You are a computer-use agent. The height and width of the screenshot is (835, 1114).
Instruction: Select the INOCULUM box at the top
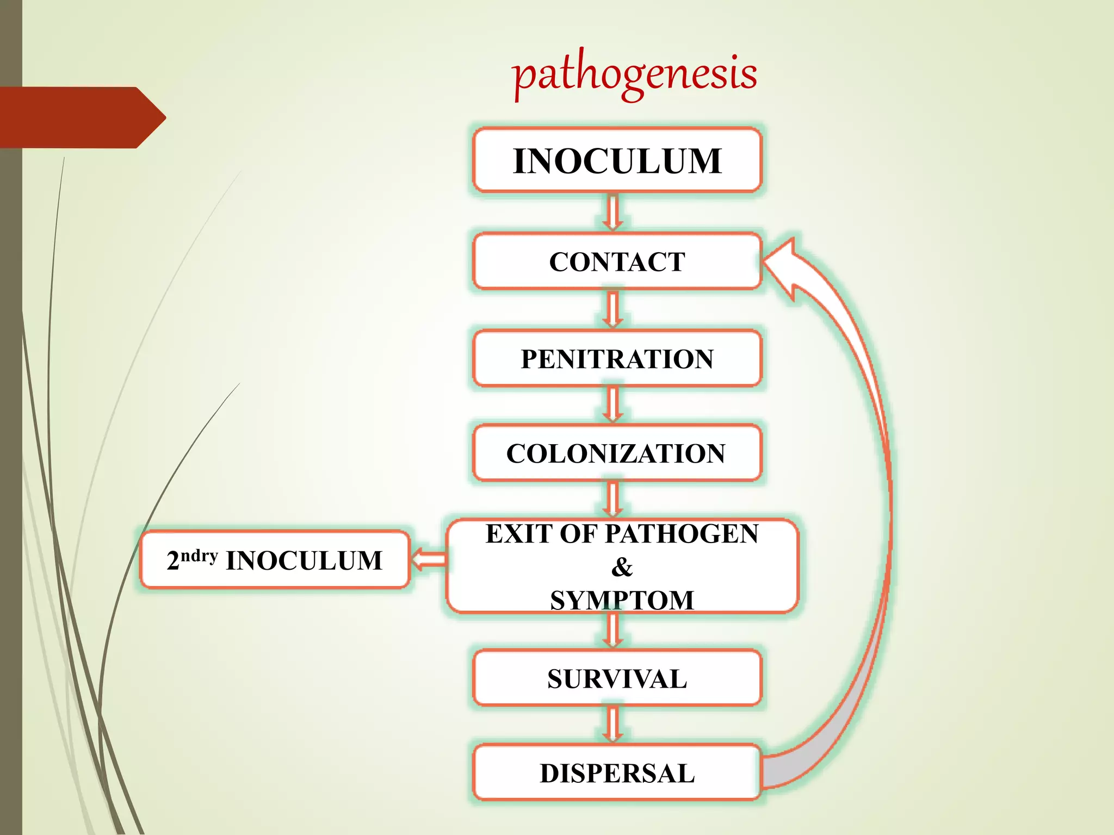pos(617,161)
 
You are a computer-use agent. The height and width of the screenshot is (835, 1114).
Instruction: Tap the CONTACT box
pos(617,262)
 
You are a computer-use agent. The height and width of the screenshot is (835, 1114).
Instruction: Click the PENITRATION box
pos(617,359)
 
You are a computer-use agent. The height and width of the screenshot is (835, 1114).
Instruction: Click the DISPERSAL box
pos(617,773)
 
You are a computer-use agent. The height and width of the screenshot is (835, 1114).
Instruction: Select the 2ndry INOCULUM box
pos(275,560)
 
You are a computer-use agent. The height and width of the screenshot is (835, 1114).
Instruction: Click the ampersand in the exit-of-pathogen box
pos(622,567)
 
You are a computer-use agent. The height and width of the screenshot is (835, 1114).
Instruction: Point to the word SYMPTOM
pos(622,600)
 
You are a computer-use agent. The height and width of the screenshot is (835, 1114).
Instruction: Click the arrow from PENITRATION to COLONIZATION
pos(612,404)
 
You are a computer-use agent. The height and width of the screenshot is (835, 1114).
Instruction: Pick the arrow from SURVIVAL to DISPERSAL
pos(612,725)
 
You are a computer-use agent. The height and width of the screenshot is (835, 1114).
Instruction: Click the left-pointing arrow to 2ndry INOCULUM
pos(429,559)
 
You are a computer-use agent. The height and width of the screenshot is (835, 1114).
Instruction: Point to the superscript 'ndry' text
pos(199,555)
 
